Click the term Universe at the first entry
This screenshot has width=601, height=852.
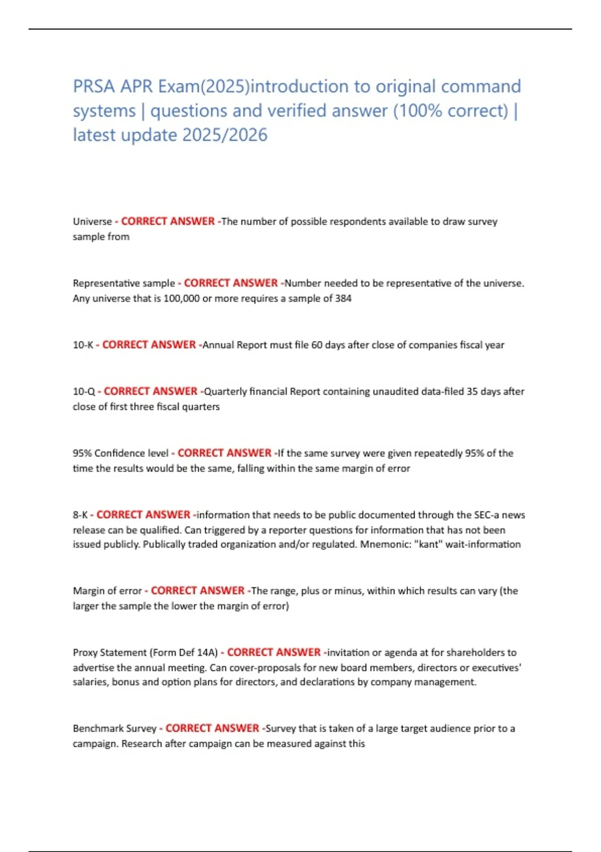click(92, 222)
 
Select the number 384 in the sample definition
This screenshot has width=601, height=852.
click(343, 299)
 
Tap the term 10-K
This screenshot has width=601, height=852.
click(83, 345)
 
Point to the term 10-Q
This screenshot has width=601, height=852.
click(84, 391)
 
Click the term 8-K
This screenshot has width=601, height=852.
click(80, 515)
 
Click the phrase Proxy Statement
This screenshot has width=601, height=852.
click(103, 653)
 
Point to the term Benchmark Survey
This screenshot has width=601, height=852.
click(114, 729)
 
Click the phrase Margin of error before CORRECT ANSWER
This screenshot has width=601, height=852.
click(107, 591)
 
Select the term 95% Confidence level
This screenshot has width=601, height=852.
click(120, 453)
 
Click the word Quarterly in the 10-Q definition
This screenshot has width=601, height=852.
click(225, 391)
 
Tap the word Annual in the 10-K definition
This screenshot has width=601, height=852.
click(218, 345)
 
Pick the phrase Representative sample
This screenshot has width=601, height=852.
click(124, 283)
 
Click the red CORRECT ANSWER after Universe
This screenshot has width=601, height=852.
click(168, 222)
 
